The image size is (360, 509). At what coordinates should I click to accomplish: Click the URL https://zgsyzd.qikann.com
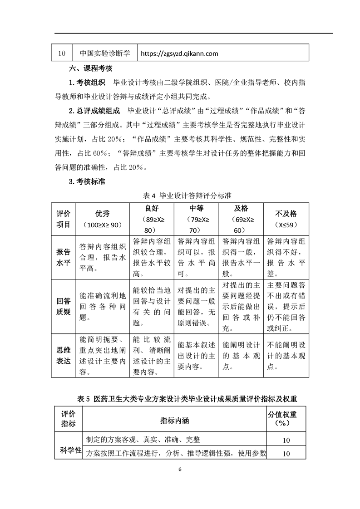pyautogui.click(x=180, y=54)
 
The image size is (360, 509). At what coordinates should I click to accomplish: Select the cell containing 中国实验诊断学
pyautogui.click(x=105, y=53)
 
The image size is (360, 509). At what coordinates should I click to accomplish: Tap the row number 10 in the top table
pyautogui.click(x=62, y=54)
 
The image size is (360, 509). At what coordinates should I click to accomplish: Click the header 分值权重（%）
pyautogui.click(x=286, y=419)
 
